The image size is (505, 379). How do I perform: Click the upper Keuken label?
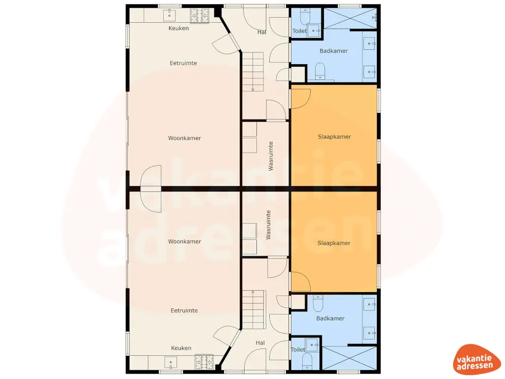pos(179,28)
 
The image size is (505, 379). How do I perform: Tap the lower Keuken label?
pos(181,348)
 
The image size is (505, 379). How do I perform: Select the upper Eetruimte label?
pos(183,63)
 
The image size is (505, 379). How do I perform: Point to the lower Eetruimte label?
pos(184,310)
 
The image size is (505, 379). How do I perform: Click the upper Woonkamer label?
pos(184,138)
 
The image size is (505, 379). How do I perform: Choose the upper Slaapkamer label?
pos(334,137)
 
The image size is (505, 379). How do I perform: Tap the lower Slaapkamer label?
pos(334,243)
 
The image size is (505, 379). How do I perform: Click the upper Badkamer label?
pos(333,51)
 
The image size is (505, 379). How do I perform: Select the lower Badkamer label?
pos(330,318)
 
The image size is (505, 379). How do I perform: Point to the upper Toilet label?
pos(299,31)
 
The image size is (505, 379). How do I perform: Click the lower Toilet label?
pos(298,349)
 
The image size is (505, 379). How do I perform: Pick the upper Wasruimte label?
pos(271,156)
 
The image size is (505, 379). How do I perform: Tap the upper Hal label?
pos(262,32)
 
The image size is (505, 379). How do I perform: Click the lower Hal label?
pos(260,342)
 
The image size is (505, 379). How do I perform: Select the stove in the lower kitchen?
pos(204,363)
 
